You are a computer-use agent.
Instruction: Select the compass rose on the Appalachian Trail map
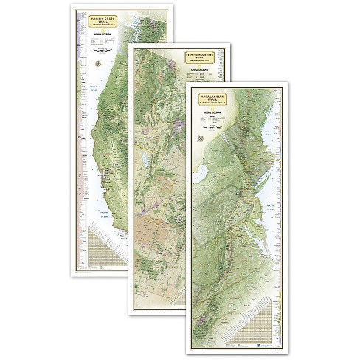[x=200, y=139]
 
